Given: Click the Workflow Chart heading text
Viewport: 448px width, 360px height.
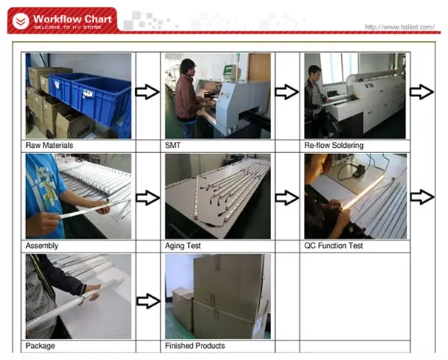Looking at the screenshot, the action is [x=72, y=19].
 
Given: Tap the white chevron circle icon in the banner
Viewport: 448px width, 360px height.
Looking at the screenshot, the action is [x=21, y=21].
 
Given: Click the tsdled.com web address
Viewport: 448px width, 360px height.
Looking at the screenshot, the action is [x=399, y=27].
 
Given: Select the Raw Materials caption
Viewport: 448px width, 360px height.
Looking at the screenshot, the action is [x=49, y=146].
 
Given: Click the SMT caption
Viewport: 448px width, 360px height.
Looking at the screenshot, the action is [x=172, y=146].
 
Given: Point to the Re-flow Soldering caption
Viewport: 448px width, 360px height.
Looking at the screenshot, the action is [x=334, y=146].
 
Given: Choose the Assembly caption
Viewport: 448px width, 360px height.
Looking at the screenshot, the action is [x=42, y=246].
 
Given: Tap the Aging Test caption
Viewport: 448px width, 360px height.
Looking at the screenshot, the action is [x=183, y=246].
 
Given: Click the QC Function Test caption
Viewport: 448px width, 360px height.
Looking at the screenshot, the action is [x=334, y=246].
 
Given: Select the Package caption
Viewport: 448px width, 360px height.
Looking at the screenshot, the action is [x=40, y=346].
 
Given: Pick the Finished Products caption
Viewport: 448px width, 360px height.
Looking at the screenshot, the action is [x=195, y=346].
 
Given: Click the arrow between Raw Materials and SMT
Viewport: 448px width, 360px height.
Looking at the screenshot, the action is [x=147, y=92].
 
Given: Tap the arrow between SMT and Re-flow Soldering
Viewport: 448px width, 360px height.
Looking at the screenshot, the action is [x=287, y=92].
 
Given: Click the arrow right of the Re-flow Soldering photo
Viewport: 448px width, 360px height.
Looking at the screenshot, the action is [x=422, y=92].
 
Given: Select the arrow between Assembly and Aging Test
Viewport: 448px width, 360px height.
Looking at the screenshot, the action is [x=148, y=198].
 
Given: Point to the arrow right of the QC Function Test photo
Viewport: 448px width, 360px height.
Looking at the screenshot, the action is [x=422, y=197].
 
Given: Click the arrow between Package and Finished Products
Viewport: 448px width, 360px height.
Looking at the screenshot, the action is [x=149, y=301].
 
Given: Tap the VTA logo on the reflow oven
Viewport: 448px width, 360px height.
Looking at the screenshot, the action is [x=369, y=85].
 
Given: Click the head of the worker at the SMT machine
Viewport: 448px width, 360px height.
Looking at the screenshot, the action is [x=187, y=67].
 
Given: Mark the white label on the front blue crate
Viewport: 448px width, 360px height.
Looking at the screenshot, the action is [x=87, y=93].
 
